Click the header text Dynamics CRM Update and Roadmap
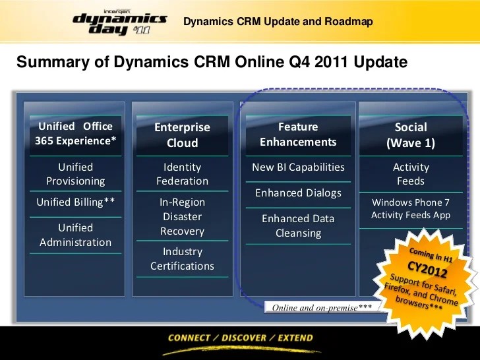[278, 22]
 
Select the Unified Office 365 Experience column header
[75, 133]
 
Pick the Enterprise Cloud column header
[182, 135]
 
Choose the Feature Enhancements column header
[298, 134]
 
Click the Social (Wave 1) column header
[411, 135]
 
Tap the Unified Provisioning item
[75, 174]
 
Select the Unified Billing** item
[75, 202]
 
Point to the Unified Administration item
[75, 235]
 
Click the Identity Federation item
[182, 174]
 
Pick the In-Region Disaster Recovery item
[182, 216]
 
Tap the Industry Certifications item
[182, 258]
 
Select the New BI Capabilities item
[298, 167]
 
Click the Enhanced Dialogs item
[298, 193]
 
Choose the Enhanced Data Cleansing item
[298, 225]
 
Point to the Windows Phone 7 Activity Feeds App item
[411, 208]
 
